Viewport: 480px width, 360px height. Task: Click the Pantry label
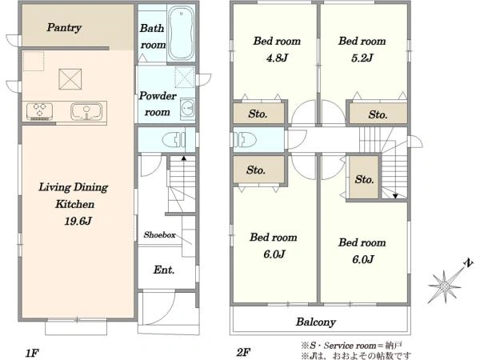[x=64, y=27]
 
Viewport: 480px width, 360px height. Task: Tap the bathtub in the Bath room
[x=182, y=33]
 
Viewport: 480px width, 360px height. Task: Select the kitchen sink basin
[x=86, y=111]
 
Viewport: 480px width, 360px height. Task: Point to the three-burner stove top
[x=39, y=111]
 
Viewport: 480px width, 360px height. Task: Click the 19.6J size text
[x=78, y=221]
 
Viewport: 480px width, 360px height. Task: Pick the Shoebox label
[x=159, y=234]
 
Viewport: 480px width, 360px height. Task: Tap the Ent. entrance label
[x=164, y=270]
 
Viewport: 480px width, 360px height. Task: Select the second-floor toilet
[x=245, y=139]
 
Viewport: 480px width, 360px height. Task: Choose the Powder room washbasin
[x=187, y=108]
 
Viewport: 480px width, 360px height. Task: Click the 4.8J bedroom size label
[x=277, y=58]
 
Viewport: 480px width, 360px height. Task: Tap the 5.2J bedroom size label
[x=362, y=58]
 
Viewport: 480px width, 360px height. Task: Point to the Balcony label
[x=316, y=322]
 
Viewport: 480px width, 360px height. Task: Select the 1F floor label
[x=31, y=353]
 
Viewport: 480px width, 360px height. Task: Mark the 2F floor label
[x=243, y=352]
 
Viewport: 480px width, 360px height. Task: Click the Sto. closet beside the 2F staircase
[x=364, y=178]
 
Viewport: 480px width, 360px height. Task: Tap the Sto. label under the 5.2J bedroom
[x=378, y=114]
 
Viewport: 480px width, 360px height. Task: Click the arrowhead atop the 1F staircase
[x=184, y=158]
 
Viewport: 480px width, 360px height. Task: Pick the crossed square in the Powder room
[x=185, y=77]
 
